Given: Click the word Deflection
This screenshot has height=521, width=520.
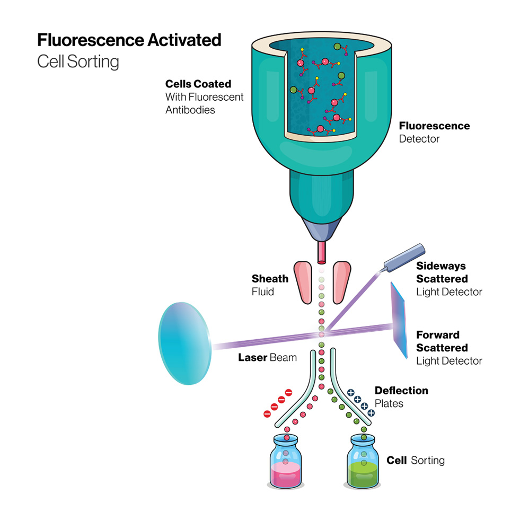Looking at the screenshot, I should click(401, 391).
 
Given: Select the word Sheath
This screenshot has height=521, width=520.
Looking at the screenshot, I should click(270, 278).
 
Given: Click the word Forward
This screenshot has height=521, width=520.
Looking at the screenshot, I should click(438, 335).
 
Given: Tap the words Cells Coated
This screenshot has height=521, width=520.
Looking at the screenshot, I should click(198, 84).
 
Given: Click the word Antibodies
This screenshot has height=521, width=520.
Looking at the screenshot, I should click(190, 110).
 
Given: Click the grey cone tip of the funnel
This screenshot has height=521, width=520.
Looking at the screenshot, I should click(321, 230).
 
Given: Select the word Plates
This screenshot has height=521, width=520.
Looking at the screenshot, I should click(389, 404).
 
